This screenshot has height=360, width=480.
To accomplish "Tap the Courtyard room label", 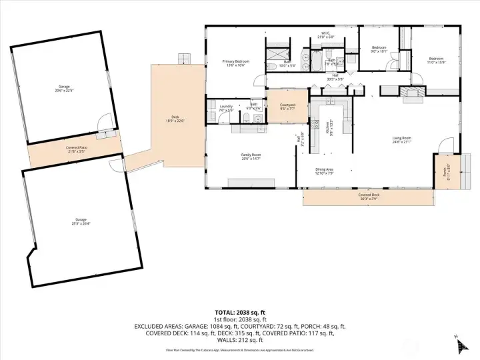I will click(x=287, y=105).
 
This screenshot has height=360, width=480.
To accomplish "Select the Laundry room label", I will click(x=225, y=107).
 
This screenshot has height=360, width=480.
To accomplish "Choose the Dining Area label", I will click(x=325, y=171).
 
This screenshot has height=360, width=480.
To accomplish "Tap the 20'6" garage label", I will click(x=65, y=88).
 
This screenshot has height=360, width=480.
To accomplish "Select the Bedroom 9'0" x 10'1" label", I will click(x=379, y=49).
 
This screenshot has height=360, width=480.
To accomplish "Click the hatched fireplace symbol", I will click(x=412, y=93).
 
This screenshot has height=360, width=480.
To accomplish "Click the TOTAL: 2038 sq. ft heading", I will click(x=240, y=312).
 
